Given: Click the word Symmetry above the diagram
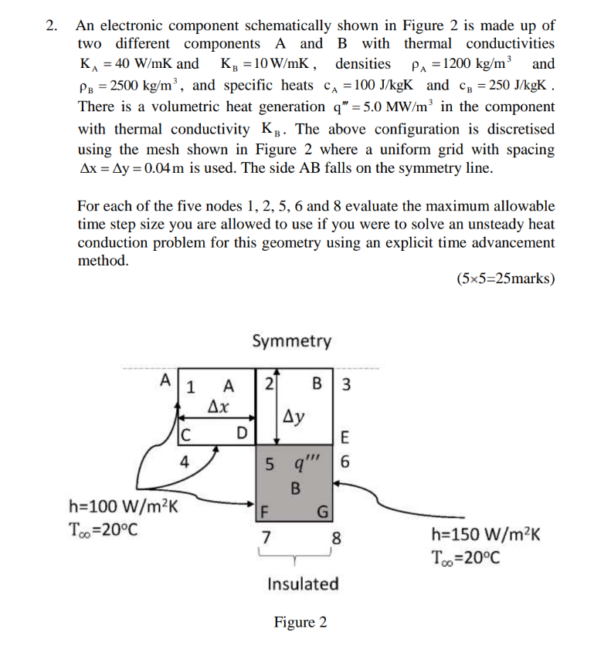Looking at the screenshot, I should coord(291,341).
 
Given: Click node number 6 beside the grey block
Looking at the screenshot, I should coord(345,464).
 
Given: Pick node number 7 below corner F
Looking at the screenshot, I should coord(266,536).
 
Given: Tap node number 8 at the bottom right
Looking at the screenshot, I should coord(334,536).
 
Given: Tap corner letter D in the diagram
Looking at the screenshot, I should coord(242,432).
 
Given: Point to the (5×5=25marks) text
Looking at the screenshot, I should coord(505,278).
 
